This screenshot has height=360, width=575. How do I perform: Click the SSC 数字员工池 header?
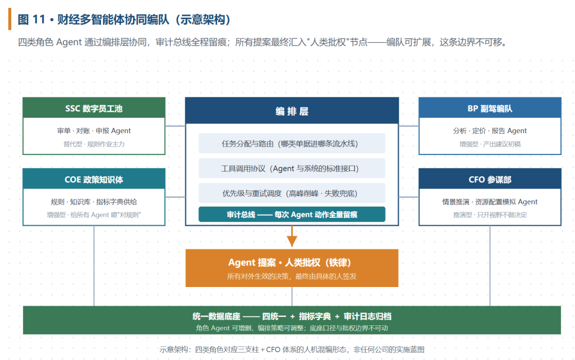pyautogui.click(x=94, y=108)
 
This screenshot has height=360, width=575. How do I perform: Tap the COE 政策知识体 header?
pyautogui.click(x=94, y=179)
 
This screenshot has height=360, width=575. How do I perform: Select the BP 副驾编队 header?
pyautogui.click(x=490, y=108)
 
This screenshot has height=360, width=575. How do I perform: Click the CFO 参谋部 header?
pyautogui.click(x=490, y=179)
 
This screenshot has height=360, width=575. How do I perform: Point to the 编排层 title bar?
pyautogui.click(x=292, y=110)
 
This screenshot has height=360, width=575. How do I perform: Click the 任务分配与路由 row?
pyautogui.click(x=292, y=143)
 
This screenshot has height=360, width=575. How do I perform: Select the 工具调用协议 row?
pyautogui.click(x=292, y=168)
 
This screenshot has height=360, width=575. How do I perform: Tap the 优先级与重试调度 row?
pyautogui.click(x=292, y=193)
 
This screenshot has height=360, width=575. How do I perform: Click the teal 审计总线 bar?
pyautogui.click(x=292, y=214)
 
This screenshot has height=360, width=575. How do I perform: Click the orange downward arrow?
pyautogui.click(x=292, y=236)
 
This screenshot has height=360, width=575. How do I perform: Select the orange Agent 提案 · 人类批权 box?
pyautogui.click(x=292, y=268)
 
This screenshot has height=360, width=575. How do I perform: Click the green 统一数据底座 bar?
pyautogui.click(x=292, y=320)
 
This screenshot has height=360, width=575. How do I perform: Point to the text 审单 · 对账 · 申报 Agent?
pyautogui.click(x=94, y=130)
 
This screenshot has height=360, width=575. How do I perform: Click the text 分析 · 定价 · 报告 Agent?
pyautogui.click(x=490, y=130)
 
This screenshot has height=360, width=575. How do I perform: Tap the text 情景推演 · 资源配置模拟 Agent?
pyautogui.click(x=490, y=202)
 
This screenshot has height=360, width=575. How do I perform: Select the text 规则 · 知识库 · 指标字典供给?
pyautogui.click(x=94, y=202)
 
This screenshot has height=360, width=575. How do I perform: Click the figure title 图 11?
pyautogui.click(x=31, y=20)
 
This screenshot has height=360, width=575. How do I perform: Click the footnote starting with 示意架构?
pyautogui.click(x=292, y=349)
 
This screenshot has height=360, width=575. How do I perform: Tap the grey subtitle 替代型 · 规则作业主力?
pyautogui.click(x=94, y=144)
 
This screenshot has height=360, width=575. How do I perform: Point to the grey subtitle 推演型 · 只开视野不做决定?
pyautogui.click(x=490, y=215)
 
